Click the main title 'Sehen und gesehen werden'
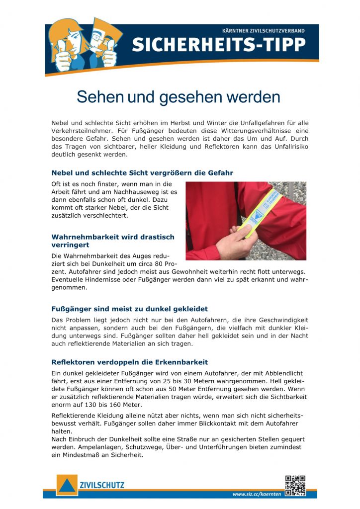tap(179, 97)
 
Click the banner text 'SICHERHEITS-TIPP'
tap(218, 45)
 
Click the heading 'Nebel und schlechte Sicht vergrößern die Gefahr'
tap(142, 173)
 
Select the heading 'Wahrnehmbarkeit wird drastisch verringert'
tap(113, 241)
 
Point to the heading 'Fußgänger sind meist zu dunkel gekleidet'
tap(129, 309)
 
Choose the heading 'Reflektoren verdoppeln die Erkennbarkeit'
tap(129, 362)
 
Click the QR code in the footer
tap(295, 486)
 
